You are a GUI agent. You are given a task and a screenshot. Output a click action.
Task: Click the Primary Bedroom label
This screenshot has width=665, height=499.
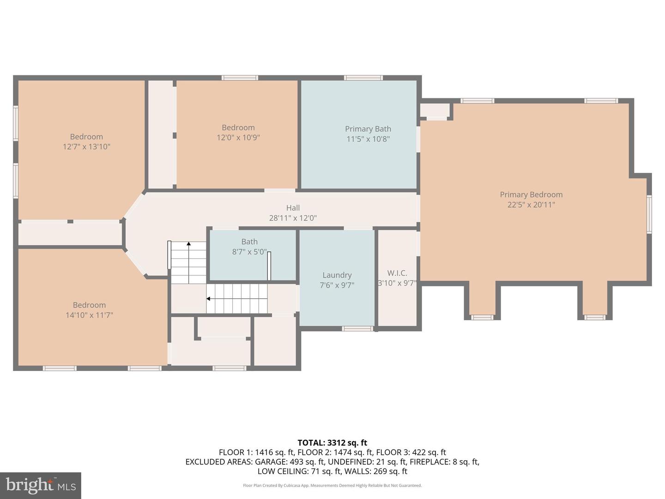pos(531,195)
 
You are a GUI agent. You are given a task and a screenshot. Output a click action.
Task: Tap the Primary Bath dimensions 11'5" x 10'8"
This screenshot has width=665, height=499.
pos(368,139)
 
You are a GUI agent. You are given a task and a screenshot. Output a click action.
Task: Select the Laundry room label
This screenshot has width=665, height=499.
pos(337,275)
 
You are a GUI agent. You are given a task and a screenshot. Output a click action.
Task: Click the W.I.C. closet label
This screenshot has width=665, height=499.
pos(397,273)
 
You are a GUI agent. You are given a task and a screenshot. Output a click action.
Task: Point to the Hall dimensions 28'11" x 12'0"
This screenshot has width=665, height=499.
pos(293,218)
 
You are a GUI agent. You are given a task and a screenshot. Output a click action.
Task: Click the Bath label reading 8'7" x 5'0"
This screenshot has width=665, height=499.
pos(249,247)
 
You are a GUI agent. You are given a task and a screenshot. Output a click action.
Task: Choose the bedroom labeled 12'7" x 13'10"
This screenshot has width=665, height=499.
pos(86,141)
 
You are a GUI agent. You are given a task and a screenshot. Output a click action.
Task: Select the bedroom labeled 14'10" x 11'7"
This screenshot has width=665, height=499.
pos(89,310)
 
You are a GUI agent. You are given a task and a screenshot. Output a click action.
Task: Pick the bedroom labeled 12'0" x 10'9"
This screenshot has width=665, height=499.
pos(238,133)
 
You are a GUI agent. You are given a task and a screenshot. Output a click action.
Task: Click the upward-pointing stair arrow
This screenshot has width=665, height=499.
pos(188,243)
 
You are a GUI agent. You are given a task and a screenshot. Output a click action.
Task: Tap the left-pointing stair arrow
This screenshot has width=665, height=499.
pos(209,299)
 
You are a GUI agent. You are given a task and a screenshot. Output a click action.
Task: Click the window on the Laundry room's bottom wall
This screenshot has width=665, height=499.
pos(357,329)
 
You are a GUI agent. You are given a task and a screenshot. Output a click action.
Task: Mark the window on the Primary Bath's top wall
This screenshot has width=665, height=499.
pos(363,78)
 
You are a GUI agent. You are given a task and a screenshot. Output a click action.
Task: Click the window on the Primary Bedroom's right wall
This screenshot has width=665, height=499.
pos(649,214)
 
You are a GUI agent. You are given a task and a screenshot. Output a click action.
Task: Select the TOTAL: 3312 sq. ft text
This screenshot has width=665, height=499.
pos(332,443)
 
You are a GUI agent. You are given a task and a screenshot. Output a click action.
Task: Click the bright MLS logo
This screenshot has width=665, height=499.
pos(41,485)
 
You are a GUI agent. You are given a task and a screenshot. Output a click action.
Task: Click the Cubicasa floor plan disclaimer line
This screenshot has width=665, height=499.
pos(332,486)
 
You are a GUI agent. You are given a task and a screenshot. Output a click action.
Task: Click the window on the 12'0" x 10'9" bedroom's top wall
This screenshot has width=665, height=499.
pos(240,78)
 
